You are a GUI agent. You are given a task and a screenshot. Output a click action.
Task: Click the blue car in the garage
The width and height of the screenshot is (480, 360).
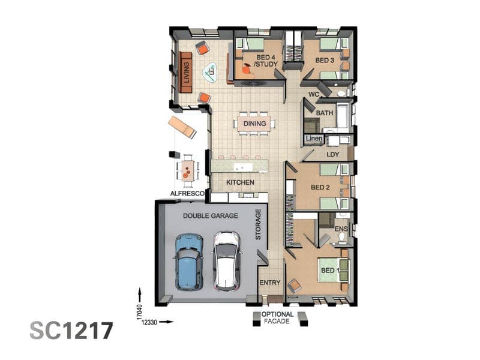tap(189, 262)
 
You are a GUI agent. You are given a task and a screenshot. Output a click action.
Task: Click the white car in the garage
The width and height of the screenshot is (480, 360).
tap(226, 261)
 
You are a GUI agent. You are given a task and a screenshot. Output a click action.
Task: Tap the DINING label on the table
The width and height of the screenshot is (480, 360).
tap(254, 124)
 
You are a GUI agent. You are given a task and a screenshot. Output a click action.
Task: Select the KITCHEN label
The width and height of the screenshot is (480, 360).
tap(241, 182)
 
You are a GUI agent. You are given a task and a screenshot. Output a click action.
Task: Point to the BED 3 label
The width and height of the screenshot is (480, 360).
tap(325, 61)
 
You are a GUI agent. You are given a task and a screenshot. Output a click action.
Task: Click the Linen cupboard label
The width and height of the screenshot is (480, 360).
tap(314, 139)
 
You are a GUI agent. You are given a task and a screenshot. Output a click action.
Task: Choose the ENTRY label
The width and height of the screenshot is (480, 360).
tap(270, 283)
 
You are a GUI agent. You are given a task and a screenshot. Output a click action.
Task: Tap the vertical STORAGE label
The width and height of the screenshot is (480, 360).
tap(258, 224)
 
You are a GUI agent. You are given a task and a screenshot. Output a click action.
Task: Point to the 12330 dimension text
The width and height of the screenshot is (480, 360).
tap(149, 322)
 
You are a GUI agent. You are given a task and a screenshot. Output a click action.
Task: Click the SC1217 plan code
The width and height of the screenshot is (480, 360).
tap(71, 331)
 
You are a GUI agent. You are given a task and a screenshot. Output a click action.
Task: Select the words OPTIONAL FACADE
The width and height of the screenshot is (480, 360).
tap(277, 318)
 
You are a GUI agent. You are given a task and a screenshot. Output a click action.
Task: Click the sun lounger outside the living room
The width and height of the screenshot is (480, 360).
tap(182, 127)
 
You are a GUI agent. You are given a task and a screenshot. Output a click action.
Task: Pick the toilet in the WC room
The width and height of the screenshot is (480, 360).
tap(341, 94)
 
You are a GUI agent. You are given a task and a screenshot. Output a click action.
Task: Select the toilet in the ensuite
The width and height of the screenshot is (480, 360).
tap(342, 236)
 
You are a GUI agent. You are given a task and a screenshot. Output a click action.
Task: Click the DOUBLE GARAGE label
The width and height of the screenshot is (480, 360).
tap(211, 216)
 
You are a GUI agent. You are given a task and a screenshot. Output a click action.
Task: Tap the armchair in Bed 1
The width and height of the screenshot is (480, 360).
tap(295, 286)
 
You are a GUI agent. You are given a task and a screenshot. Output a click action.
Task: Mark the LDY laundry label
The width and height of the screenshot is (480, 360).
tap(333, 155)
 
